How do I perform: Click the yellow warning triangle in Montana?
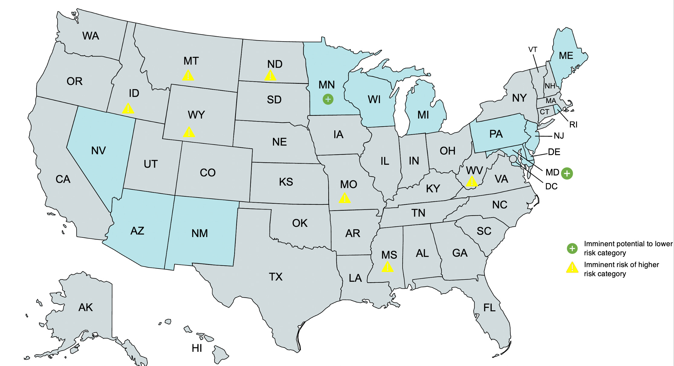188,76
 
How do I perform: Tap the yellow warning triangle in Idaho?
128,109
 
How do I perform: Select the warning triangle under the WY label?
189,132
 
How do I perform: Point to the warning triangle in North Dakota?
270,76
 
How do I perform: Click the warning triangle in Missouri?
345,198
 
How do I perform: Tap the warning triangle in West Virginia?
471,182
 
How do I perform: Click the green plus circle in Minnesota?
328,99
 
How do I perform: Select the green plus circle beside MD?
567,173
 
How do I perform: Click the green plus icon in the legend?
572,248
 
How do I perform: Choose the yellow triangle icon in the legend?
572,268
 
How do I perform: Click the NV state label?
99,151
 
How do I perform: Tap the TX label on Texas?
276,277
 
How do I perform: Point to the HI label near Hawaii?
197,348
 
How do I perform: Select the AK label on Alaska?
86,308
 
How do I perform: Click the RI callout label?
573,125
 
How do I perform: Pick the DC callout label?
551,187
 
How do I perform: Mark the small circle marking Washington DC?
513,158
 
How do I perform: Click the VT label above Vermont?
533,50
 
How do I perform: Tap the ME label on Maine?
566,56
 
